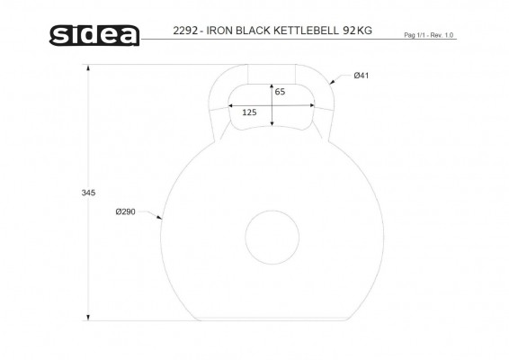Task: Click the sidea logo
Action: point(94,35)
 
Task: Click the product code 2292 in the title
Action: point(185,31)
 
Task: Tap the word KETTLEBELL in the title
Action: point(306,31)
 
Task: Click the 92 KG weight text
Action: point(357,31)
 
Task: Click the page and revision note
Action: point(428,35)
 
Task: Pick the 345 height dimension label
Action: point(88,193)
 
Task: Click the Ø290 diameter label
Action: point(125,211)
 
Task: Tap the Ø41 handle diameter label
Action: point(362,76)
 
